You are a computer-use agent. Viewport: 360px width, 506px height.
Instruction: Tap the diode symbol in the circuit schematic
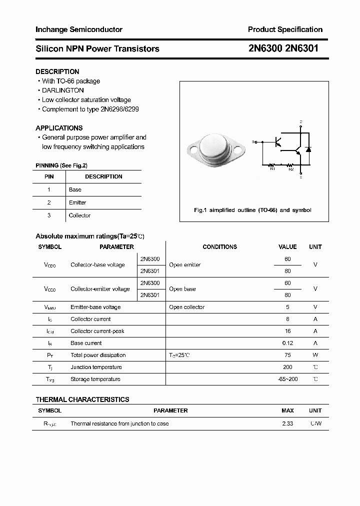tap(308, 149)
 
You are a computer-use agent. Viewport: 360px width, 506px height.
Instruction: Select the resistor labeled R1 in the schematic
tap(272, 165)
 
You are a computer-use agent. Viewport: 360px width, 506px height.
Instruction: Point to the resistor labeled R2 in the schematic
tap(290, 165)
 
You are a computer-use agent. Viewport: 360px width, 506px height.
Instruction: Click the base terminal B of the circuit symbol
tap(254, 142)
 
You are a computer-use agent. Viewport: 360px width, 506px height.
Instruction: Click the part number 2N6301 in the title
tap(301, 48)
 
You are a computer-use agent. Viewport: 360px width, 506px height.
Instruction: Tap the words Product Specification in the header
tap(285, 29)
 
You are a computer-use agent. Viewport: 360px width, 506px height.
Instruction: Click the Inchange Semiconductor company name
tap(79, 29)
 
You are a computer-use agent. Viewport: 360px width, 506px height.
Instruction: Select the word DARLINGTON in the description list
tap(62, 90)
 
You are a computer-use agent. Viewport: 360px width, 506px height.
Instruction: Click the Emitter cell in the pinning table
tap(77, 202)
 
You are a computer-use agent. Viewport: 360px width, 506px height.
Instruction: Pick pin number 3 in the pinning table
tap(49, 215)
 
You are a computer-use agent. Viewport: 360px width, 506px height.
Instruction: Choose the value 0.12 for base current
tap(287, 343)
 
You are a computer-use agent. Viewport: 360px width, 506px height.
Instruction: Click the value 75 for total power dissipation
tap(287, 355)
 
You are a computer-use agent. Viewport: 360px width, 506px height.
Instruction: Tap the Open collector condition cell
tap(186, 307)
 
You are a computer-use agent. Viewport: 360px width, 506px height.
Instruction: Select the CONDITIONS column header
tap(219, 247)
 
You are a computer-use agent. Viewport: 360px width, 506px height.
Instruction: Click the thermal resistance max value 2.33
tap(287, 423)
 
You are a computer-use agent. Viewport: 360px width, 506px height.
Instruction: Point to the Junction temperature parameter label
tap(96, 367)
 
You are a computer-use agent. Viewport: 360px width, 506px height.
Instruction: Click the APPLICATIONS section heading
tap(59, 128)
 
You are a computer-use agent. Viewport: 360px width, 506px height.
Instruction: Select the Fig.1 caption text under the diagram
tap(252, 210)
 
